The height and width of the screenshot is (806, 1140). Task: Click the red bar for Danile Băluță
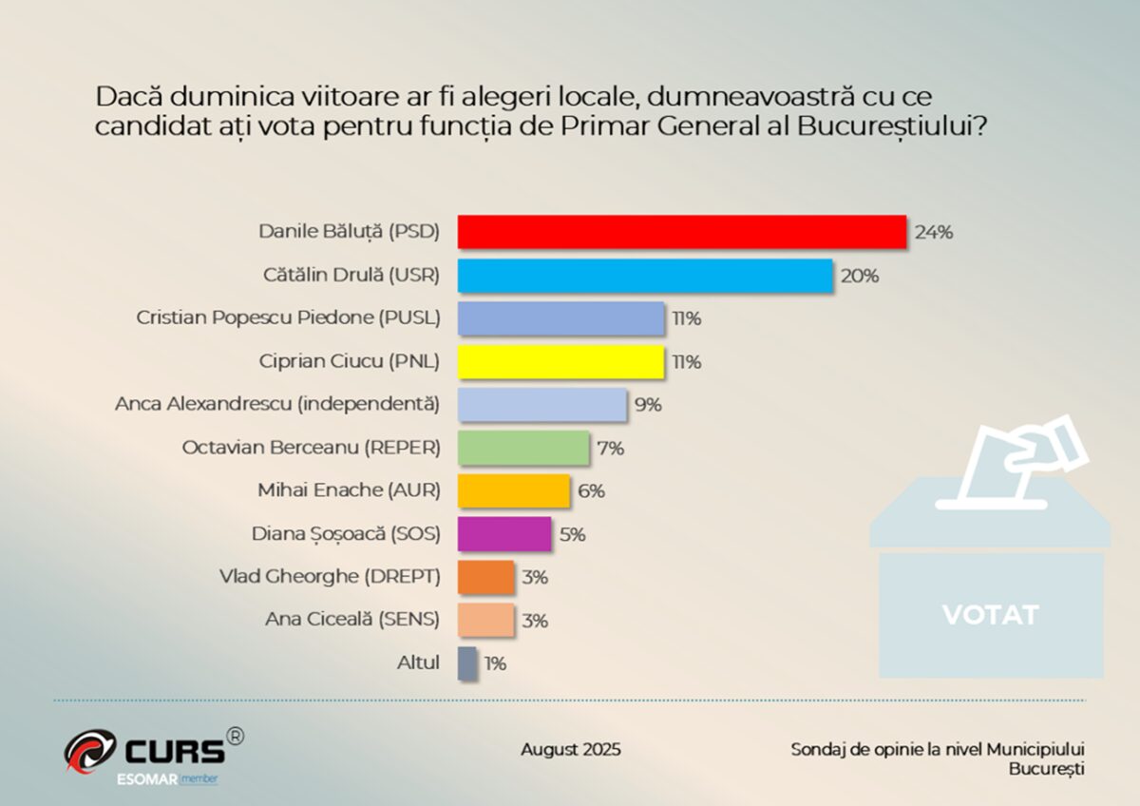coord(681,232)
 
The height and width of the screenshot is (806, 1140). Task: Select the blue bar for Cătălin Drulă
coord(645,276)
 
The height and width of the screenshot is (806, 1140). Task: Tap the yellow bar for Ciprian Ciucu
coord(560,362)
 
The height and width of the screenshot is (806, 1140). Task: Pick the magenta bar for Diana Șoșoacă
coord(504,534)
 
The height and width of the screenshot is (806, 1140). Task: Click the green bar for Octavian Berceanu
coord(523,448)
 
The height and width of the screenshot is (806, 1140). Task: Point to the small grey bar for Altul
coord(467,663)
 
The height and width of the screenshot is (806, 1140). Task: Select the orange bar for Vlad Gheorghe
coord(486,577)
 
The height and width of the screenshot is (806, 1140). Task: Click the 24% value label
coord(933,232)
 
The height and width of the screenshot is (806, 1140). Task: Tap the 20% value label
coord(859,276)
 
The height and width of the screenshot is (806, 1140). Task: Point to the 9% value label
coord(647,405)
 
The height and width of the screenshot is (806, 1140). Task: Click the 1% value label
coord(495,663)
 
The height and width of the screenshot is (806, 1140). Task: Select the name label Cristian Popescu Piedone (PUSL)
coord(288,318)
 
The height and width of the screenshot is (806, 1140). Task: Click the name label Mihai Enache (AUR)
coord(349,490)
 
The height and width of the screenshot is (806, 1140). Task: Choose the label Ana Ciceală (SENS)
coord(352,620)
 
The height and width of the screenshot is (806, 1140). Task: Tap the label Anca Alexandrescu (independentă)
coord(277,405)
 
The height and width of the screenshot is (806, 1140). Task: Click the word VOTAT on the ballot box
coord(990,615)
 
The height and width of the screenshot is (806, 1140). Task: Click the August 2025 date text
coord(570,750)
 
